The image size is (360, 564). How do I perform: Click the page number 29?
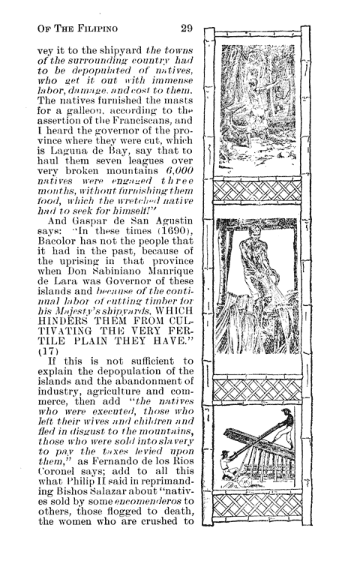[187, 28]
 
